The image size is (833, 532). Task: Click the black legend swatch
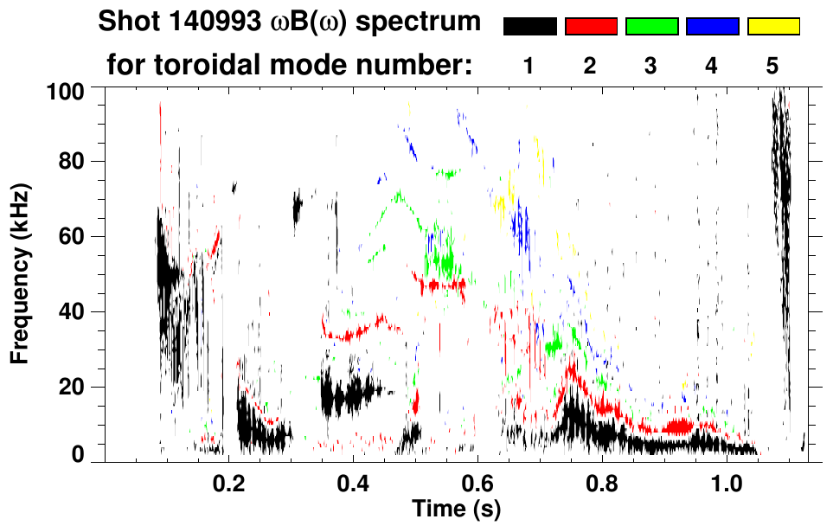click(x=530, y=27)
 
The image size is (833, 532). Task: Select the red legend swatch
click(x=591, y=27)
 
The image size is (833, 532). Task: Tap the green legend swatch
click(x=651, y=27)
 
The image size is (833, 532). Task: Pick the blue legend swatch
click(x=713, y=27)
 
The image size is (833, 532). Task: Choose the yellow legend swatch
click(x=773, y=27)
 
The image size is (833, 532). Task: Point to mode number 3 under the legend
click(x=650, y=67)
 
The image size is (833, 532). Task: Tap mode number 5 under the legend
click(x=772, y=67)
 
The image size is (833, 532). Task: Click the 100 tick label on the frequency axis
click(x=65, y=90)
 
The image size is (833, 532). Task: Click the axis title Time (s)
click(x=456, y=507)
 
